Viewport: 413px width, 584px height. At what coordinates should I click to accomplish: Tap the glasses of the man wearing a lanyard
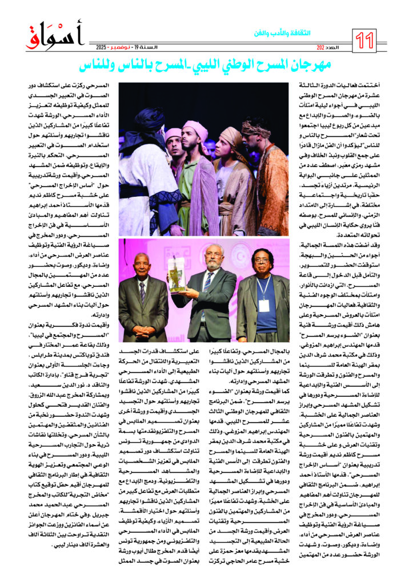tap(260, 265)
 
